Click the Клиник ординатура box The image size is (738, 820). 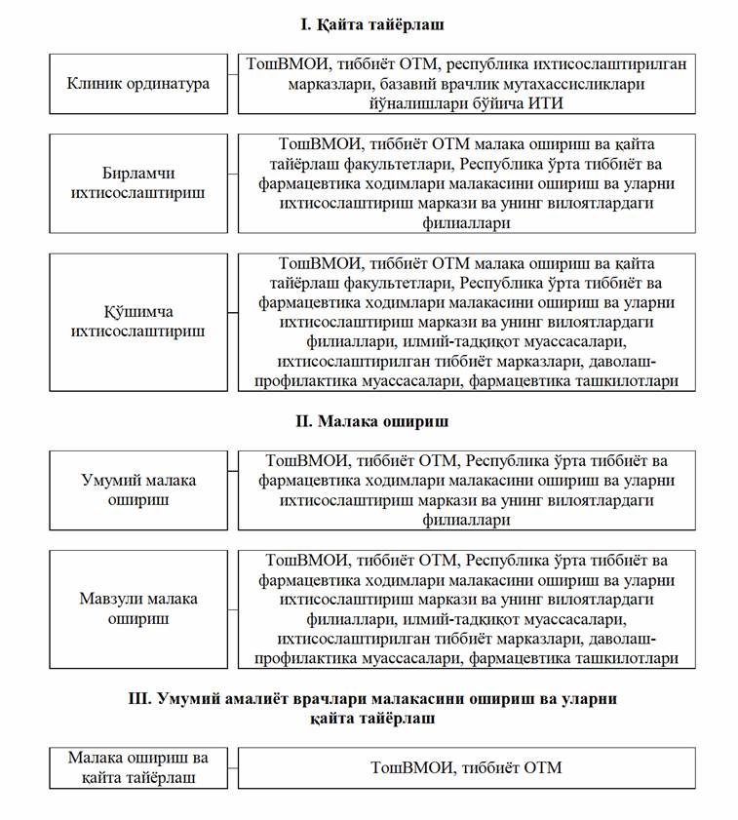coord(137,84)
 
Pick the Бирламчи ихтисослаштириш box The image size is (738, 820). coord(137,183)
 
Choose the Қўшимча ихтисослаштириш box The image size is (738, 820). coord(137,322)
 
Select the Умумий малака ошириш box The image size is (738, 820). coord(137,490)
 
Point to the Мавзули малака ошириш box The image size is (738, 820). coord(137,608)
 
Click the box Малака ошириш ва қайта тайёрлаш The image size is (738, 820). coord(137,768)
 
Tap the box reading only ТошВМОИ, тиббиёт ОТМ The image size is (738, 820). coord(467,768)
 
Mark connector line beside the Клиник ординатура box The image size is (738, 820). coord(232,84)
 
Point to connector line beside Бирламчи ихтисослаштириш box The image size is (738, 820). coord(232,183)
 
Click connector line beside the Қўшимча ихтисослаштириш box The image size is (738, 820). coord(232,313)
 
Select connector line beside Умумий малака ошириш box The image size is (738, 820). coord(232,490)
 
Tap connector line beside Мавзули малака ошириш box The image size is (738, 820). coord(232,608)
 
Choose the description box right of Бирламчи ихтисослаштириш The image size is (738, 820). coord(467,183)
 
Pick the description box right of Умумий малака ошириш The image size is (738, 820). coord(467,490)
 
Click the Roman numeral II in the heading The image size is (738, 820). coord(302,422)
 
